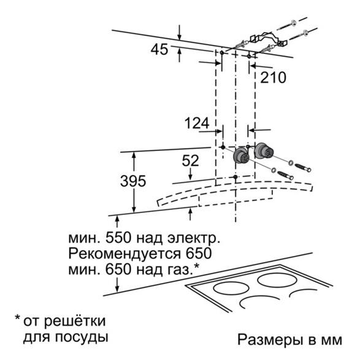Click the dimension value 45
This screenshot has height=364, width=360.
[x=159, y=50]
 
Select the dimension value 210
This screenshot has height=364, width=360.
[x=273, y=77]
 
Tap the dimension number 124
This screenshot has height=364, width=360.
[x=197, y=123]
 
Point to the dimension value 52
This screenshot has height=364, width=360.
[x=191, y=161]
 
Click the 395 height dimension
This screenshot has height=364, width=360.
[x=133, y=181]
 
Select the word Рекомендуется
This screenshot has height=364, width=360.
[x=124, y=254]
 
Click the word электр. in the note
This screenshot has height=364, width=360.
[x=194, y=238]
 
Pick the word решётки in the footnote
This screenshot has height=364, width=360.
[x=74, y=321]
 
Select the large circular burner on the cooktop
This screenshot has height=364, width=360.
[x=277, y=281]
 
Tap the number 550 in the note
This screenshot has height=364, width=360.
[x=118, y=238]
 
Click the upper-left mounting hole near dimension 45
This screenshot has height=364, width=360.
[x=222, y=53]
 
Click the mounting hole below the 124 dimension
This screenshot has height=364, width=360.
[x=223, y=147]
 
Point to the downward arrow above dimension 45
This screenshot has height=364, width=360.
[x=179, y=33]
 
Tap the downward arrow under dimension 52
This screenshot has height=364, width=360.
[x=191, y=174]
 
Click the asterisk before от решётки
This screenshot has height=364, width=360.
[x=17, y=317]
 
